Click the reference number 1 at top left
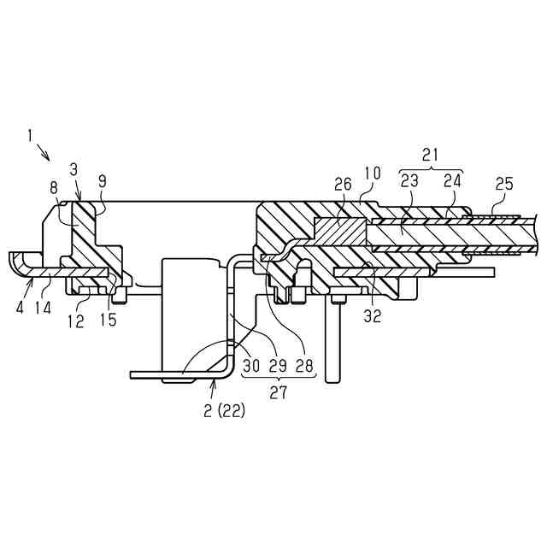point(30,135)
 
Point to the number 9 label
point(103,181)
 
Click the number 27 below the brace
point(278,394)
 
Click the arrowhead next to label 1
point(49,158)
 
